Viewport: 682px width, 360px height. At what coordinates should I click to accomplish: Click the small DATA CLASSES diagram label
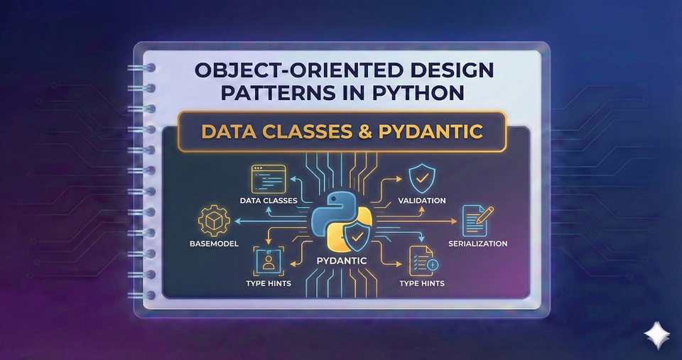point(269,201)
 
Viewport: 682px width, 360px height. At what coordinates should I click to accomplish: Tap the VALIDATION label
point(421,201)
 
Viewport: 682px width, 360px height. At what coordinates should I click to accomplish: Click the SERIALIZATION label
point(477,244)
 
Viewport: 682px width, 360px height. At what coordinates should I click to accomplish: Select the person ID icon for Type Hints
point(268,263)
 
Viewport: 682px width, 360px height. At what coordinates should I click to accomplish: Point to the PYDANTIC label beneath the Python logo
point(340,261)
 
